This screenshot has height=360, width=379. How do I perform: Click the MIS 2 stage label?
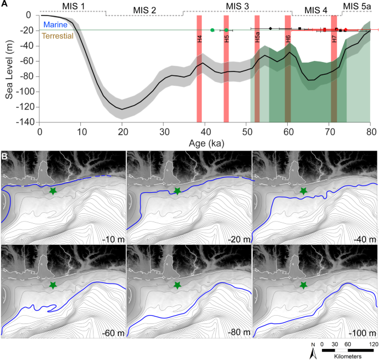click(144, 10)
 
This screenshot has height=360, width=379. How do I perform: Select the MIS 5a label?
click(357, 7)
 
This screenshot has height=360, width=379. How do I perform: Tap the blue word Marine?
click(55, 25)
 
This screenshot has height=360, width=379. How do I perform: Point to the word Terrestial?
click(58, 36)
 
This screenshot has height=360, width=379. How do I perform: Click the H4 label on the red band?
click(199, 39)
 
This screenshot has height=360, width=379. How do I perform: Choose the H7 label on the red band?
click(334, 39)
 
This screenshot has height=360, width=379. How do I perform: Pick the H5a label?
click(257, 37)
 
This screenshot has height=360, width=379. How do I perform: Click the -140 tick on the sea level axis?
click(25, 122)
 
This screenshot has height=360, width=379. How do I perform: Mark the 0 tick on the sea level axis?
click(29, 16)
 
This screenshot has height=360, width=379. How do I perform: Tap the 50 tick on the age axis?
click(246, 132)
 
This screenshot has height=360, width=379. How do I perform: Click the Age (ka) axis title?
click(206, 143)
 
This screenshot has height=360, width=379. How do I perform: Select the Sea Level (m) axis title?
click(9, 70)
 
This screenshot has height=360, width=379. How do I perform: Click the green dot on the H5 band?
click(226, 30)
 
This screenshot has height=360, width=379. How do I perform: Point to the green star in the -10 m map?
click(53, 191)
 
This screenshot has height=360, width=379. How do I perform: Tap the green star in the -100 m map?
click(304, 285)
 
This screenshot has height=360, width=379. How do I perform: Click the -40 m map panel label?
click(365, 239)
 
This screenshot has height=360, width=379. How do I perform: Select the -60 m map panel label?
click(113, 333)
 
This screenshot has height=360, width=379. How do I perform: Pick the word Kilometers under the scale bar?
click(348, 356)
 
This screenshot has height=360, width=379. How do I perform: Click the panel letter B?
click(4, 157)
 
